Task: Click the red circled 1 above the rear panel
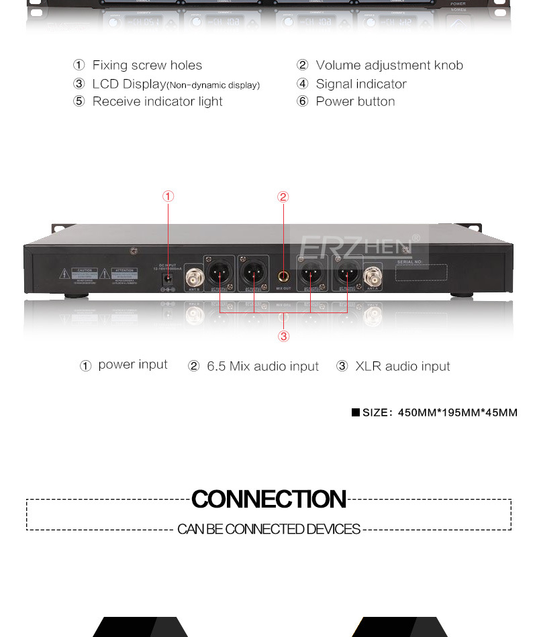[x=168, y=196]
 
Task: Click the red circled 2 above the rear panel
[x=283, y=197]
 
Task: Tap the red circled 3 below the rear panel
[x=284, y=336]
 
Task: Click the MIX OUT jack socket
[x=283, y=275]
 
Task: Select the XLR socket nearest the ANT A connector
[x=346, y=274]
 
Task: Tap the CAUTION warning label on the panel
[x=83, y=276]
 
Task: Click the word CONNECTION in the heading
[x=268, y=500]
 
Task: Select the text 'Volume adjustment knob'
[x=389, y=65]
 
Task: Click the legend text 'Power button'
[x=355, y=101]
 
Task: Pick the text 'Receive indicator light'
[x=157, y=101]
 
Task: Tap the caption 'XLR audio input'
[x=402, y=366]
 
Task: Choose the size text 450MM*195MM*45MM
[x=458, y=412]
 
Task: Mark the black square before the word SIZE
[x=356, y=412]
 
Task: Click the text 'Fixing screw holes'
[x=147, y=65]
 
